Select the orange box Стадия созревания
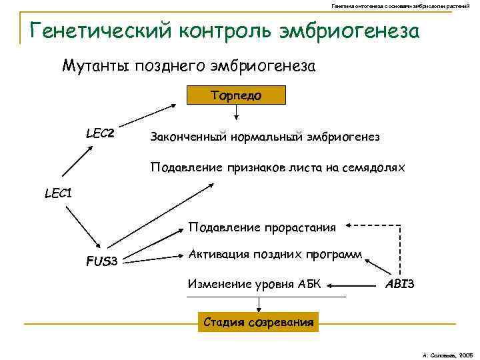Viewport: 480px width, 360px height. pyautogui.click(x=258, y=323)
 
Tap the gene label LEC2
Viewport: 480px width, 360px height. pyautogui.click(x=100, y=134)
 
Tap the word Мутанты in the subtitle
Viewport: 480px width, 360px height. pyautogui.click(x=96, y=66)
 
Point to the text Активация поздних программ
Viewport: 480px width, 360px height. pyautogui.click(x=275, y=254)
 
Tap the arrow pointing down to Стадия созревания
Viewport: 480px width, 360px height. pyautogui.click(x=258, y=303)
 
